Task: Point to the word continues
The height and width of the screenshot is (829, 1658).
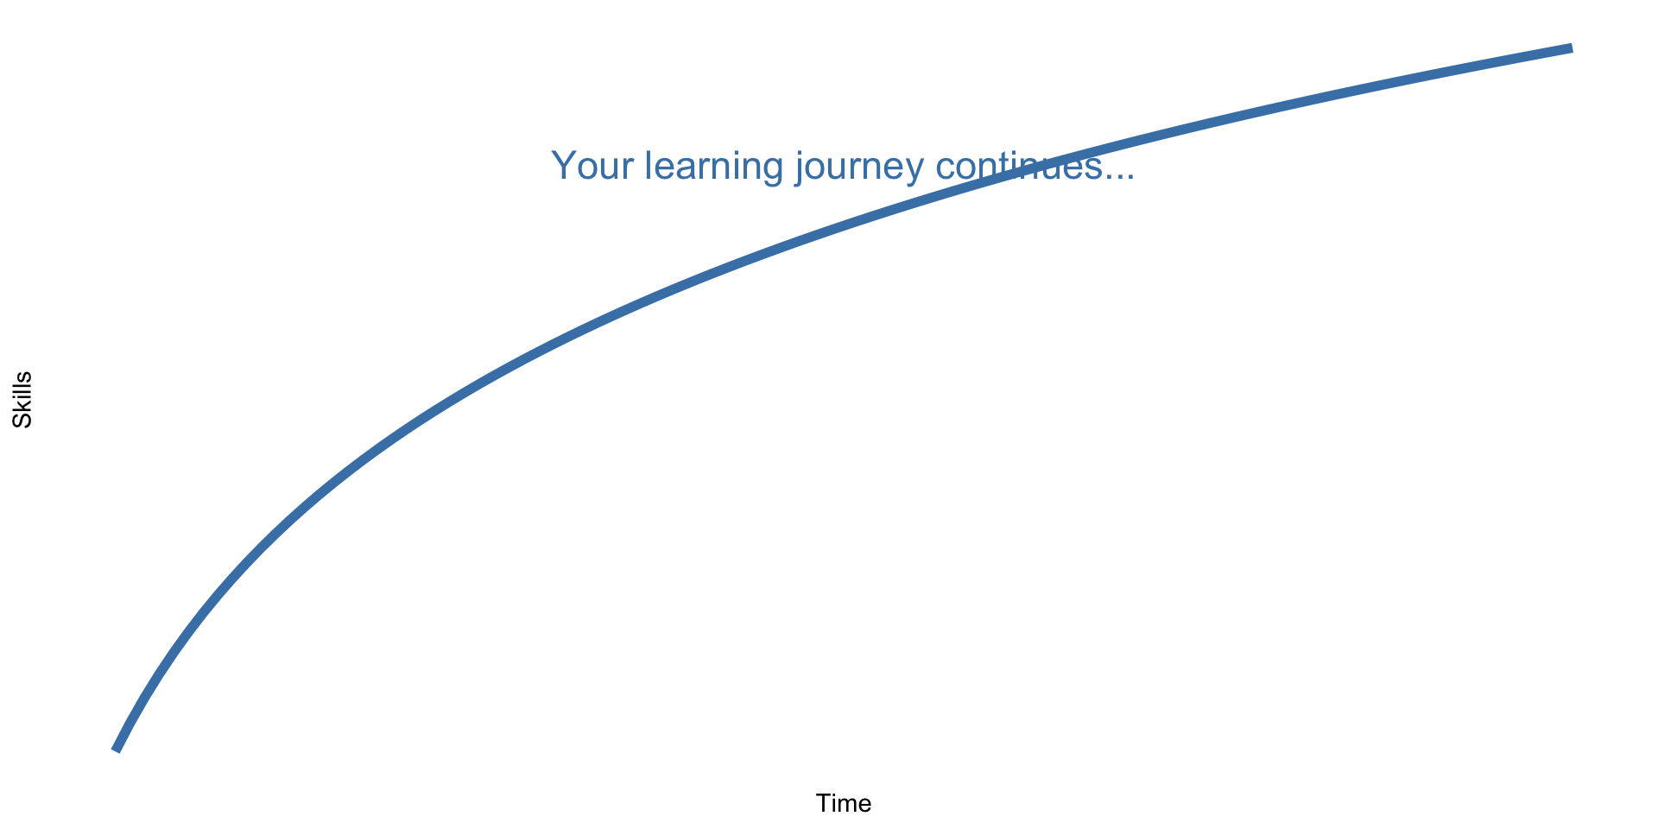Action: coord(1019,166)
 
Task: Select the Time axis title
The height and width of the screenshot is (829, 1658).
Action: coord(844,804)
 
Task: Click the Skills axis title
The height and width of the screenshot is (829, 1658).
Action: coord(22,400)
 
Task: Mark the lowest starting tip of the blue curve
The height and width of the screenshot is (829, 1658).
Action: coord(116,750)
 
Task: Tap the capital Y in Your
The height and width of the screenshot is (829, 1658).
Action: coord(564,166)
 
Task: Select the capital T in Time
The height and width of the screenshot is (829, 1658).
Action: coord(823,804)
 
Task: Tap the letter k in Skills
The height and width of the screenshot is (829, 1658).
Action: coord(22,408)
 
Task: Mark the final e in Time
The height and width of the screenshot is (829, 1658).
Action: coord(865,806)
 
